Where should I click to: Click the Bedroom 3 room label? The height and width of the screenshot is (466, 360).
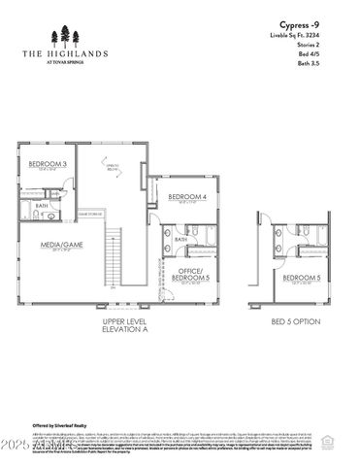(x=47, y=164)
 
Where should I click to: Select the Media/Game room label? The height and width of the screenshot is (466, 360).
(x=60, y=246)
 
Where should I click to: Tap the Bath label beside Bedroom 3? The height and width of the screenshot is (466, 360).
(x=42, y=206)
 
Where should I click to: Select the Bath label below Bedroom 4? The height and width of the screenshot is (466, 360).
(x=180, y=239)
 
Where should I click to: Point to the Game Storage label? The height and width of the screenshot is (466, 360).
(x=90, y=213)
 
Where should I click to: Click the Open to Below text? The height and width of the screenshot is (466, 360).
(x=113, y=167)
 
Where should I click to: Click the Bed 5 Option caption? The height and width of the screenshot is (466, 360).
(x=295, y=321)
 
